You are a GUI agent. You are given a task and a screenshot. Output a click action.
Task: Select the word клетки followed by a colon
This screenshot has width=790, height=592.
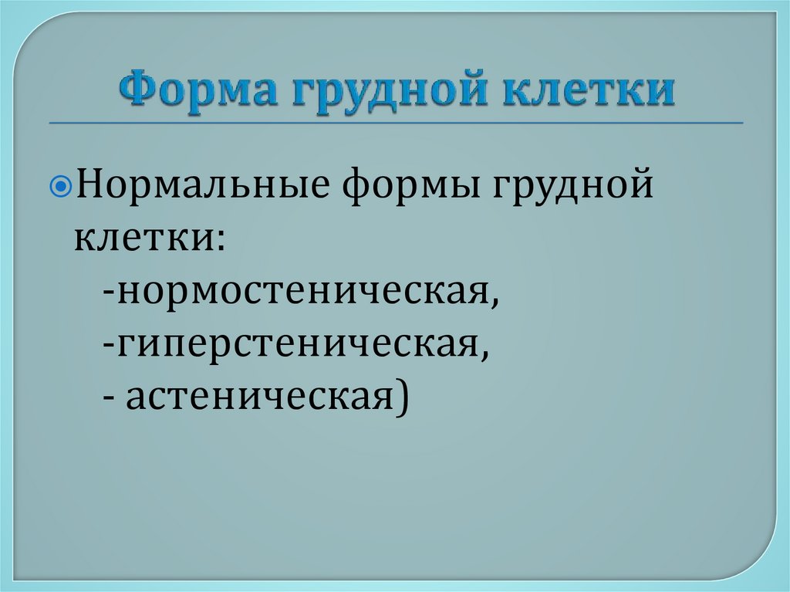click(x=142, y=237)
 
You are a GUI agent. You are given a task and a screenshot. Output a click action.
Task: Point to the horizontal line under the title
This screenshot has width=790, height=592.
click(x=395, y=123)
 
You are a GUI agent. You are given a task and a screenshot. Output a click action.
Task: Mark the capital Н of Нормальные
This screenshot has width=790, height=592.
click(x=88, y=188)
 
